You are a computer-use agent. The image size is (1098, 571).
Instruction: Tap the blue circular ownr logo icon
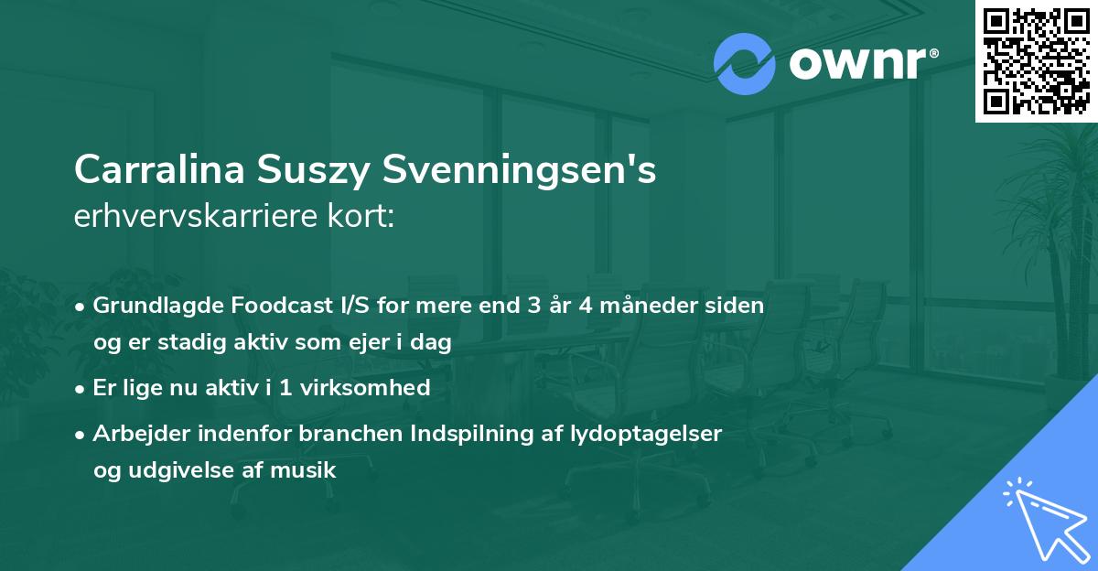pos(744,63)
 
